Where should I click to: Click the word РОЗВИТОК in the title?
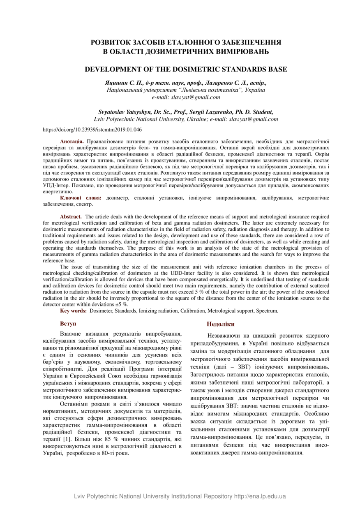pyautogui.click(x=115, y=42)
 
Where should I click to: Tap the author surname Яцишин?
pyautogui.click(x=116, y=83)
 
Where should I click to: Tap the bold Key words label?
pyautogui.click(x=73, y=311)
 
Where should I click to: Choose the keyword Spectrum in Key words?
pyautogui.click(x=267, y=311)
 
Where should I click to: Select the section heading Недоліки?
pyautogui.click(x=221, y=324)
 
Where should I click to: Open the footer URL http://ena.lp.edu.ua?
pyautogui.click(x=260, y=496)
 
